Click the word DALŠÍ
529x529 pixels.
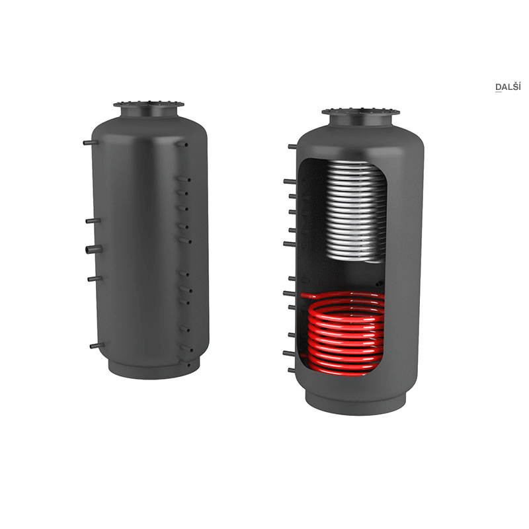[x=508, y=87]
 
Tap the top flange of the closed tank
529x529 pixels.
[x=149, y=104]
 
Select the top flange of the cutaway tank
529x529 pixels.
[x=360, y=112]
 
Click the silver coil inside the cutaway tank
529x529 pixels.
[x=356, y=212]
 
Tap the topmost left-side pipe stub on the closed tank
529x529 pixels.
[x=91, y=143]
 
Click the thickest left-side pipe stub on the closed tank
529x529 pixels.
[x=93, y=250]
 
